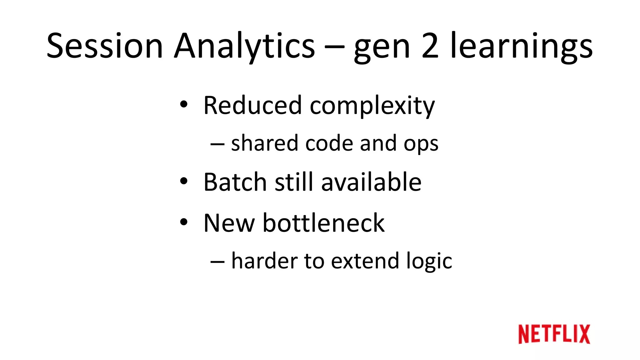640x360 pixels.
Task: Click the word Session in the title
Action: (105, 46)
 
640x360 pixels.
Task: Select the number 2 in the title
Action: (430, 46)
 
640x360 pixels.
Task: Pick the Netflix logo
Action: (554, 334)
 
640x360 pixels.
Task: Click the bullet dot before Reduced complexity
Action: (184, 104)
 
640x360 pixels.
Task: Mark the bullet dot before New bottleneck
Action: (184, 222)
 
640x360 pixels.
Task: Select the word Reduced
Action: (252, 105)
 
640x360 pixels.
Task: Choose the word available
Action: (371, 182)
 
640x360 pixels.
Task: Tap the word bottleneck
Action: (323, 223)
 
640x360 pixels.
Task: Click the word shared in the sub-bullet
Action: (264, 143)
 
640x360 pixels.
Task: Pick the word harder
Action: (264, 261)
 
